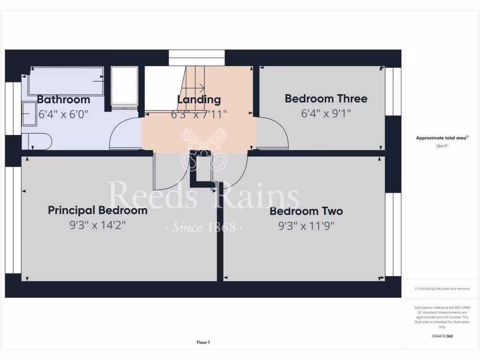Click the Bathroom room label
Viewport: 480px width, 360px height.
[x=63, y=99]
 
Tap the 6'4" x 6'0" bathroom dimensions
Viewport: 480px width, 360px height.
[x=63, y=114]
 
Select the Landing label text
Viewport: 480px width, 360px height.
[x=199, y=99]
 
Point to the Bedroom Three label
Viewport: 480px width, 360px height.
[x=326, y=98]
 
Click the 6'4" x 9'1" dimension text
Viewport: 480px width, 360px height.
[x=326, y=113]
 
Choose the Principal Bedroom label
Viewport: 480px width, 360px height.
[x=97, y=210]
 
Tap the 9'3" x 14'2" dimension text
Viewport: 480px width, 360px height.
[x=97, y=225]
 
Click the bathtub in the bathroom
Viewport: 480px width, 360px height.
[x=66, y=81]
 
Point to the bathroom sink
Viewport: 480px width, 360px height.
[x=29, y=114]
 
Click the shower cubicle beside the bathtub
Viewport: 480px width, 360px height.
[x=125, y=86]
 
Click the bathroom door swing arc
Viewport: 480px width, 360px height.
[x=123, y=133]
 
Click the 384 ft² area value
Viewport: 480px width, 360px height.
[x=442, y=146]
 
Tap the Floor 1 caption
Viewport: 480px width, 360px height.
[x=203, y=343]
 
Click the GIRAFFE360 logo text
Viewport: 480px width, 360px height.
[x=442, y=336]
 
